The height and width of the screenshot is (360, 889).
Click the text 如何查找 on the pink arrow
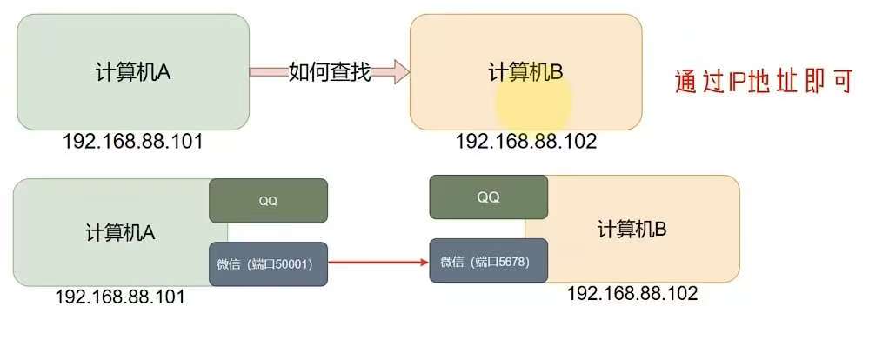pos(330,72)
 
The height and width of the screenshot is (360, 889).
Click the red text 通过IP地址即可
pos(764,81)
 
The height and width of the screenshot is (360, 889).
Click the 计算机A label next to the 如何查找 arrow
pos(132,72)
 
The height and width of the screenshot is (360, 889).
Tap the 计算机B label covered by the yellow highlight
pos(525,72)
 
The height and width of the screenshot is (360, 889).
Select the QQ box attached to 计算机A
pos(268,201)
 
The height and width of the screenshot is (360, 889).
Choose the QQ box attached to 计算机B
pos(488,197)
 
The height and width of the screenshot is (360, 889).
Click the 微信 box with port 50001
pos(268,263)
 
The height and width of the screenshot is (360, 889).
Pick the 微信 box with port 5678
pos(488,261)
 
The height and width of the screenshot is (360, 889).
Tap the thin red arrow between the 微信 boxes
pos(378,262)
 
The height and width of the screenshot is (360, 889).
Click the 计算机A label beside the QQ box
pos(120,232)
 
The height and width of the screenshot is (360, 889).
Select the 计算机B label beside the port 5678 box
pos(632,230)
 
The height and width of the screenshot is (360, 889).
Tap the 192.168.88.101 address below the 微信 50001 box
pos(120,297)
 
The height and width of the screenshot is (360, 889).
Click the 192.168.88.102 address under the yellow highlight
pos(526,141)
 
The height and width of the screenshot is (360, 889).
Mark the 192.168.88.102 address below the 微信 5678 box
pos(632,293)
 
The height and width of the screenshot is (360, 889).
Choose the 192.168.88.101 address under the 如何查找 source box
pos(132,141)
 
